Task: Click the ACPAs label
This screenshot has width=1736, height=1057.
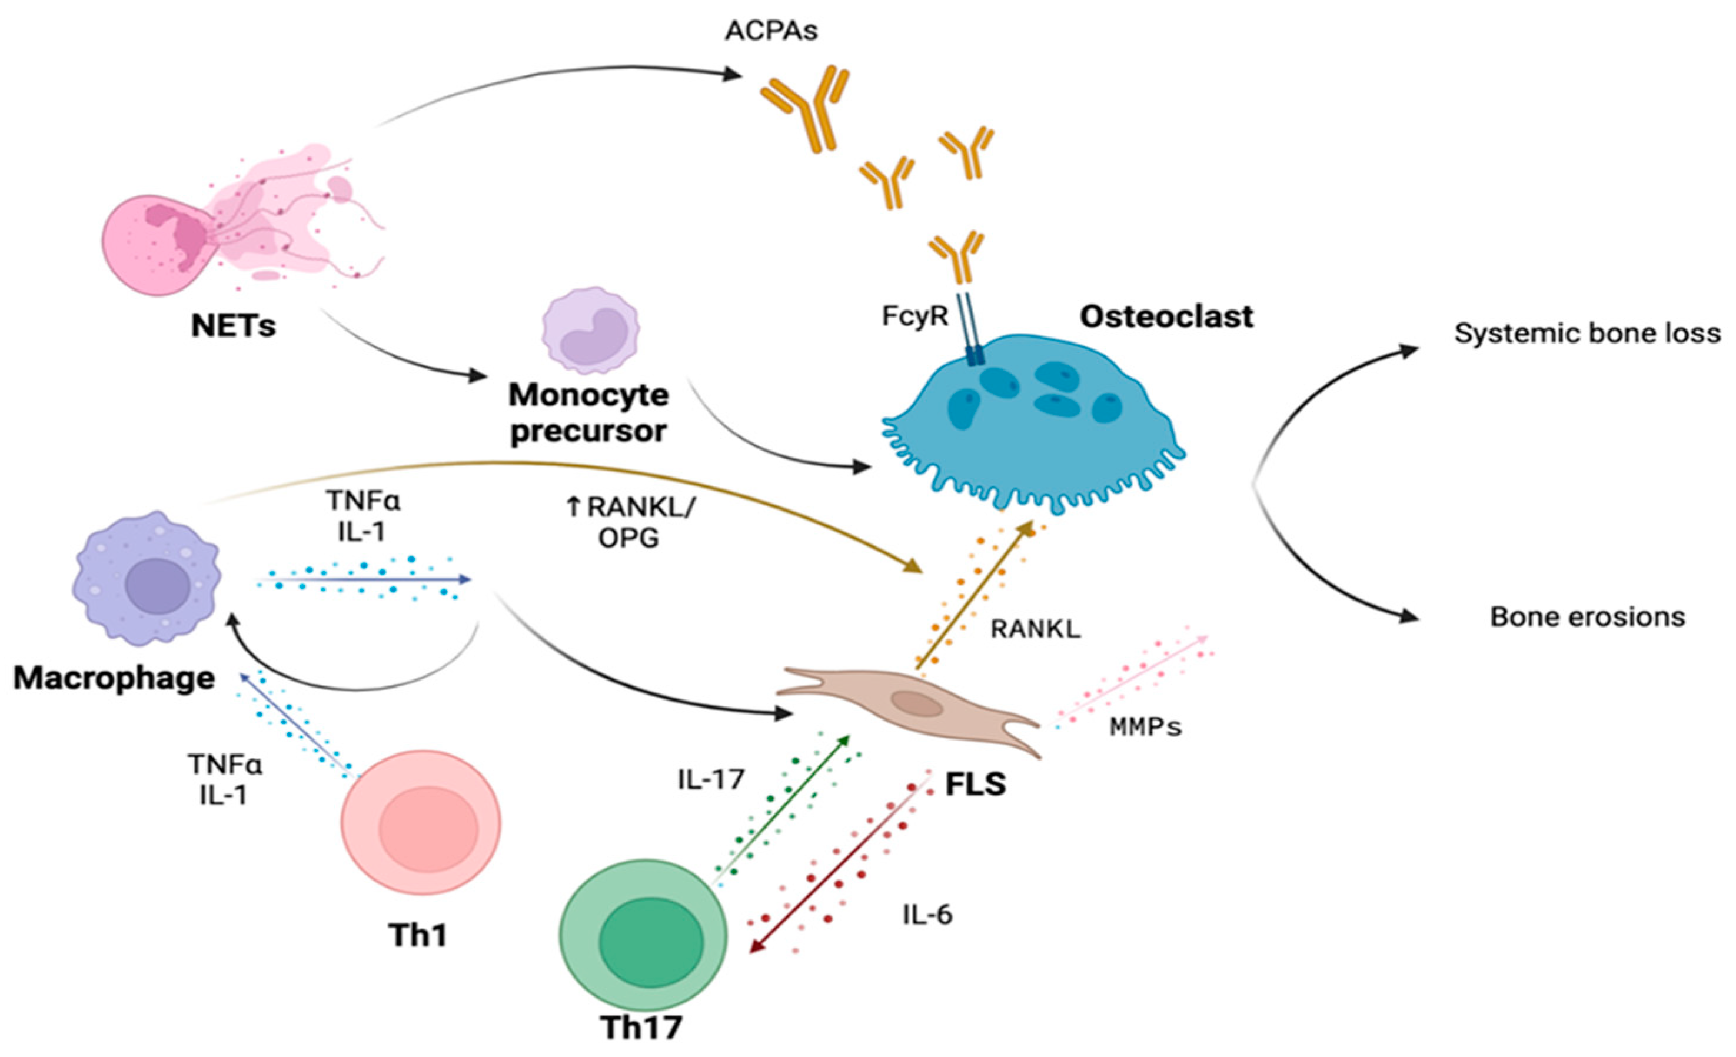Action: [771, 32]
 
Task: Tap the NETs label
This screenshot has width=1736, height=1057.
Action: [233, 326]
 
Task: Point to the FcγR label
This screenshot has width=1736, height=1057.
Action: [914, 317]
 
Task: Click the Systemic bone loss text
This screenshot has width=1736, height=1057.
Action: [1587, 333]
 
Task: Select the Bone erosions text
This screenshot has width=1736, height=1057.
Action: [1587, 617]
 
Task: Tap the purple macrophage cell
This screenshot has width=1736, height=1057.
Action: [147, 578]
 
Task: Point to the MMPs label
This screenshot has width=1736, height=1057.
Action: [1145, 726]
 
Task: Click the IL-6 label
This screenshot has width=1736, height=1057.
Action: [927, 914]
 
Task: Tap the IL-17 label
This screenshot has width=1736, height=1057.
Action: [711, 779]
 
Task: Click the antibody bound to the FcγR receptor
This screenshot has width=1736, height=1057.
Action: [956, 257]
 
